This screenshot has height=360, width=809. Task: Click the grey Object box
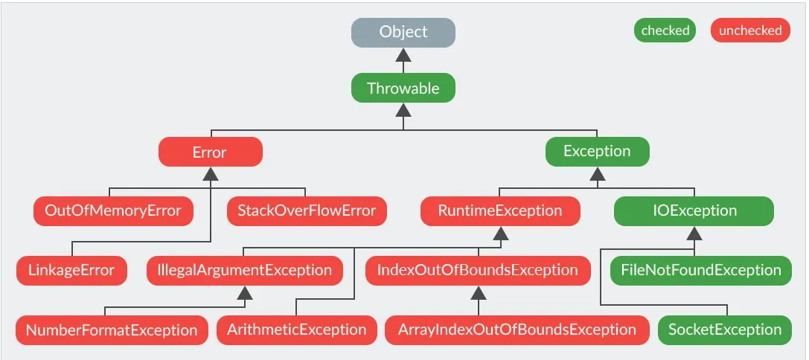[403, 32]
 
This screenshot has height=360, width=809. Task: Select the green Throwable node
[403, 88]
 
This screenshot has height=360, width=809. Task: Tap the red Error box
[210, 152]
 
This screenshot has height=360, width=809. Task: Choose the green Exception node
[597, 151]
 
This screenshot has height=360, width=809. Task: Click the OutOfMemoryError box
[114, 211]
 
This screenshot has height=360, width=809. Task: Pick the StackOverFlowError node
[307, 211]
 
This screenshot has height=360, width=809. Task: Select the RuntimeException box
[500, 211]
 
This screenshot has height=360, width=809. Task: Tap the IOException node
[694, 211]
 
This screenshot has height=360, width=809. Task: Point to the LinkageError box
[71, 270]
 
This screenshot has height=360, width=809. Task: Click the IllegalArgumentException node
[245, 270]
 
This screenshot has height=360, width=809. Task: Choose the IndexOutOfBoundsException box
[478, 270]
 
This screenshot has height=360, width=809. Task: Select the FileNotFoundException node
[700, 270]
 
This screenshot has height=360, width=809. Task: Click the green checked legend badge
[665, 30]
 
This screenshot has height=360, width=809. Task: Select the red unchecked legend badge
[750, 30]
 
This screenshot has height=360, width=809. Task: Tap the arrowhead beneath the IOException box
[694, 233]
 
